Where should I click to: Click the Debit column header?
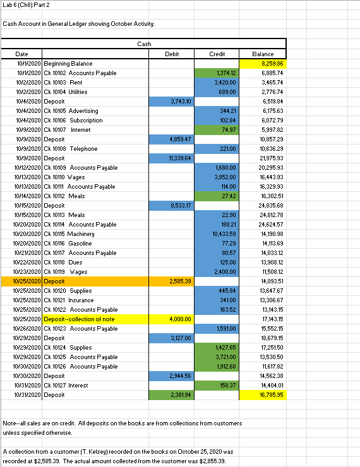(171, 54)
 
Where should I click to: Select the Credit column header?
(217, 54)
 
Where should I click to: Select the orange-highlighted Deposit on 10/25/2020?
(54, 281)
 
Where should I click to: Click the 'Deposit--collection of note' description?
(78, 319)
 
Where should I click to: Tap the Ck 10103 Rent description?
(67, 83)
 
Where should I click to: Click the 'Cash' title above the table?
(144, 44)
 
